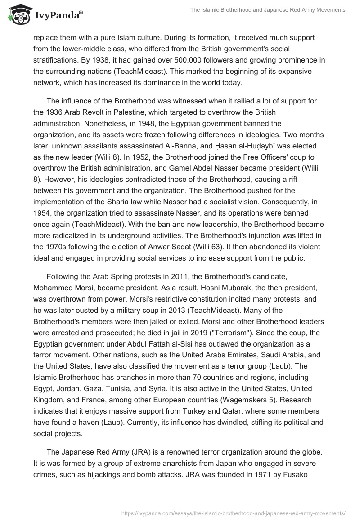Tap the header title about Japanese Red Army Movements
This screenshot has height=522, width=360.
point(268,9)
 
